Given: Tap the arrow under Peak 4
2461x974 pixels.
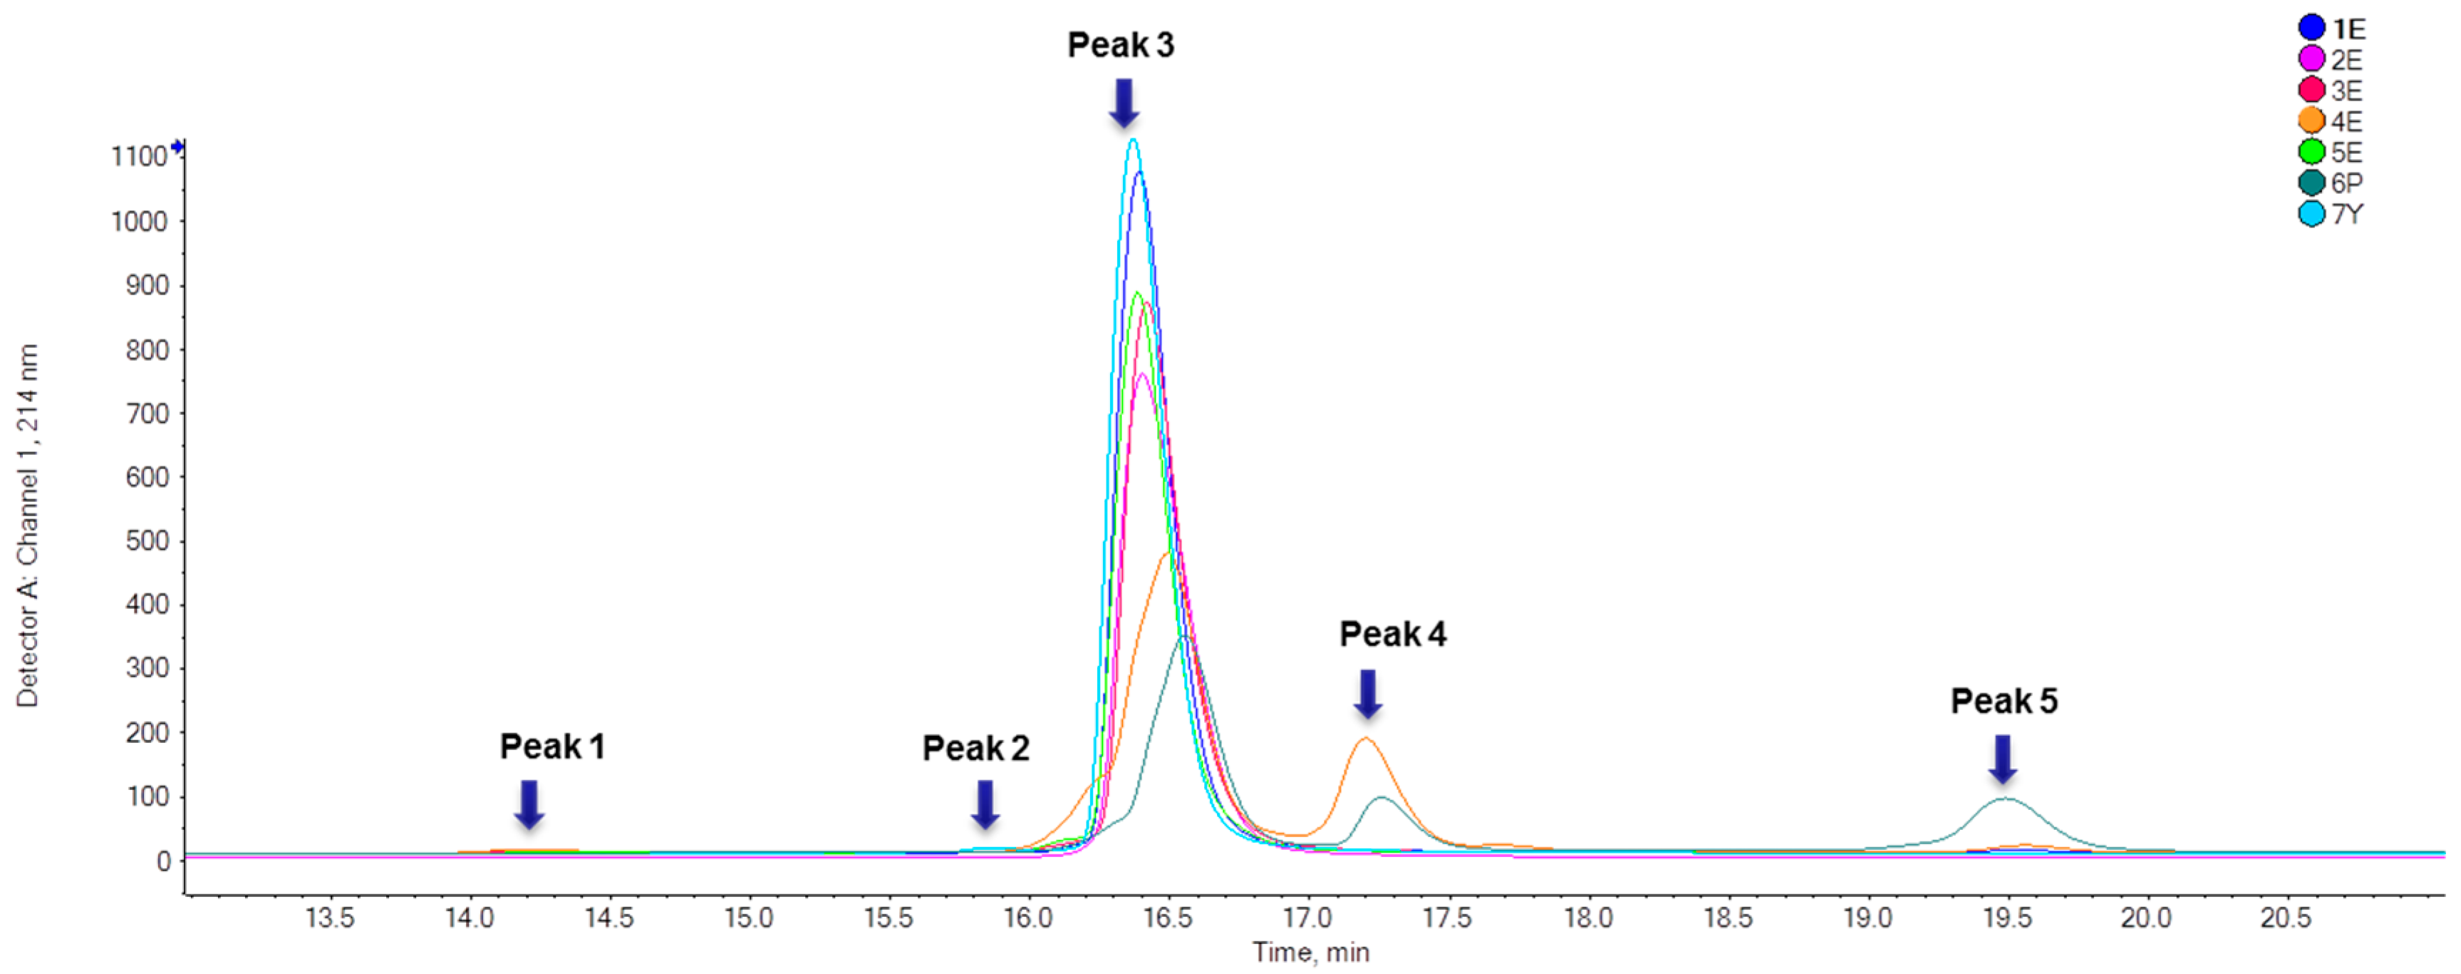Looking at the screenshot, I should click(1368, 694).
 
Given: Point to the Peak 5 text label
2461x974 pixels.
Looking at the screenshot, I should click(2004, 701).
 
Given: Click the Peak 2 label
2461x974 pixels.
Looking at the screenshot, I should click(975, 747).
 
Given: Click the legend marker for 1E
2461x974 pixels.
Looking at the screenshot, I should click(2311, 28).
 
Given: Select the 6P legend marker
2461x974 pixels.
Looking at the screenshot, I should click(2311, 183).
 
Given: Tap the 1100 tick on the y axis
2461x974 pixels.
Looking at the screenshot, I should click(140, 157).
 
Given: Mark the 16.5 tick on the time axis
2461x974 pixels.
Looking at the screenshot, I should click(1168, 918).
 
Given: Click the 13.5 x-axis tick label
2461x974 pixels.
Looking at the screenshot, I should click(330, 918).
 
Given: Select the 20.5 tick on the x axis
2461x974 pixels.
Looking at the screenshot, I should click(2285, 918).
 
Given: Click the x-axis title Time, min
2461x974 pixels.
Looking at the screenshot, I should click(1311, 952).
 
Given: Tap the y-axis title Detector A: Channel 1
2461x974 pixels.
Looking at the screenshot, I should click(27, 526).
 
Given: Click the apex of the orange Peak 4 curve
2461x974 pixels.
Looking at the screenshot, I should click(1365, 738).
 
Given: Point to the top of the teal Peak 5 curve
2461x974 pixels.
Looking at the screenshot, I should click(2004, 798).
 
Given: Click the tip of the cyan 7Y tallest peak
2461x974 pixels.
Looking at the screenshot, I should click(1133, 140).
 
